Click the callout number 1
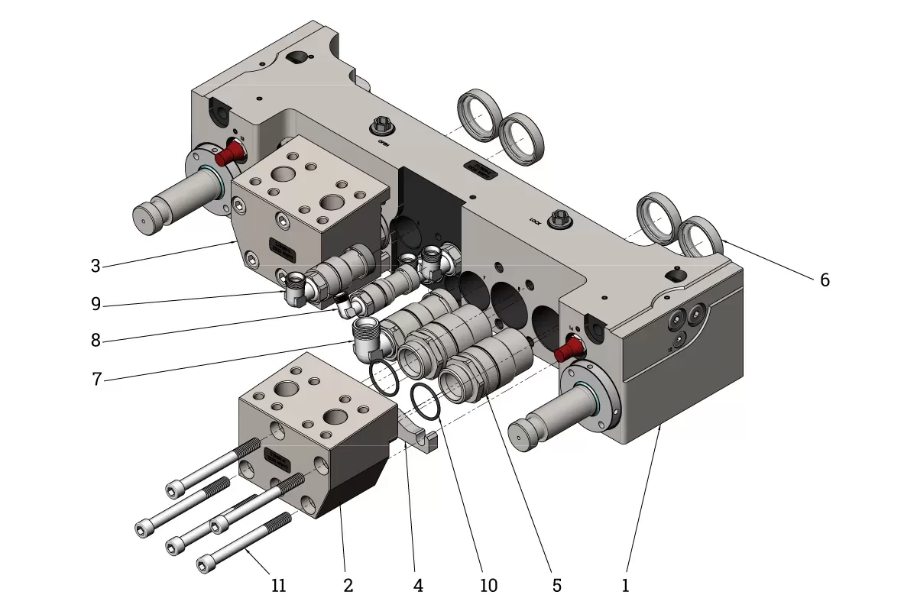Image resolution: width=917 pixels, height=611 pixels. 625,586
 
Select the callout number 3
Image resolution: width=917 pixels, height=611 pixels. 96,267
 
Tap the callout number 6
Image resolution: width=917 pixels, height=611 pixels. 825,280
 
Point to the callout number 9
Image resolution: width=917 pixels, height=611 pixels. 96,305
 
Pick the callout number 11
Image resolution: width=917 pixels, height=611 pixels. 279,586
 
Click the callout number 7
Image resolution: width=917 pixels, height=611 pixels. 96,379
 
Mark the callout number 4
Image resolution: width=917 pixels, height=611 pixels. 418,586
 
